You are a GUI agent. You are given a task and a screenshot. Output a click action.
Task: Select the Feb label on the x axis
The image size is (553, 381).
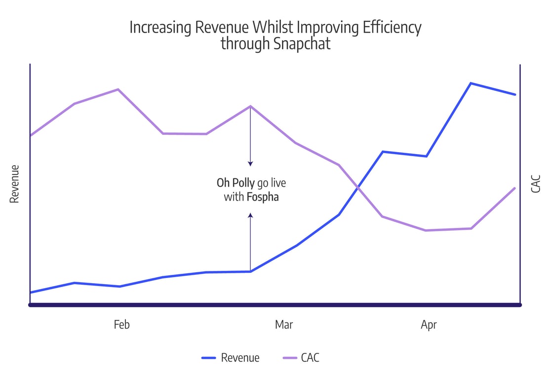coord(121,325)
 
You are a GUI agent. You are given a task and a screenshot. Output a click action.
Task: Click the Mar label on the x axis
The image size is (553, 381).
coord(284,325)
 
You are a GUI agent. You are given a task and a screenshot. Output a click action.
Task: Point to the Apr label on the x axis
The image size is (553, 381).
coord(429,325)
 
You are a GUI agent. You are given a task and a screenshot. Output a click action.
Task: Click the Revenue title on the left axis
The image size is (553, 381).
coord(14,184)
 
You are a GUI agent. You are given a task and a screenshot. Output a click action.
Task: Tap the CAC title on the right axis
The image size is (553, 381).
coord(536,184)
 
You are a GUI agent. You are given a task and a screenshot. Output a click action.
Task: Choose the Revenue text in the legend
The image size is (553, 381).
coord(240,358)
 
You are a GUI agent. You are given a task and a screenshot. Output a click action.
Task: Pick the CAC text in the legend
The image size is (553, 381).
coord(310,358)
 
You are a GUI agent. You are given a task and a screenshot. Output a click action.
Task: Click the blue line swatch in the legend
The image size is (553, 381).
coord(209,358)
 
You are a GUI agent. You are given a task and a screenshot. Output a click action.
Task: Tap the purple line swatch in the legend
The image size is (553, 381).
coord(289,358)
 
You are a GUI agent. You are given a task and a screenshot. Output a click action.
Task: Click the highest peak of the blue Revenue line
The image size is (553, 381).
coord(471,83)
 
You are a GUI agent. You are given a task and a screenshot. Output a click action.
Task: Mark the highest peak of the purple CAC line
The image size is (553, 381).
coord(118,89)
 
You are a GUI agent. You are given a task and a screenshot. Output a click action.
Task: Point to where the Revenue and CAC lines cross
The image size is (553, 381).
coord(357,187)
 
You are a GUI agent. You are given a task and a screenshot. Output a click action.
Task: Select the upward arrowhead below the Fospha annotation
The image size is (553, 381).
coord(250,215)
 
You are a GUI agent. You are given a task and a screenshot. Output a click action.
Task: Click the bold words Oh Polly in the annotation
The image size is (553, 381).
coord(236,183)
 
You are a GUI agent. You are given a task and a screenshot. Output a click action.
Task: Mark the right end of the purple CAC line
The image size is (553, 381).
coord(515,188)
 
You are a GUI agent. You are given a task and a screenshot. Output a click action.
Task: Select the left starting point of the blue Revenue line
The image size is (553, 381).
coord(31,293)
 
